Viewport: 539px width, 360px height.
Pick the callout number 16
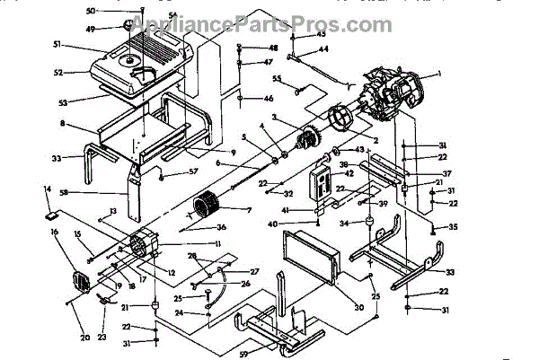[55, 232]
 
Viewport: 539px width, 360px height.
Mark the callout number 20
[85, 338]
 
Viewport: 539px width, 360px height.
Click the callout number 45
[323, 33]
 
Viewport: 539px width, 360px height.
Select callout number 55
[277, 78]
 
